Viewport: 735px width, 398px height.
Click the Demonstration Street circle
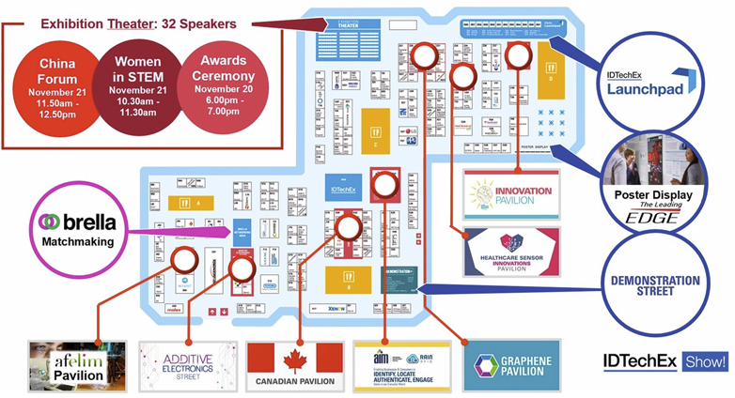pyautogui.click(x=654, y=281)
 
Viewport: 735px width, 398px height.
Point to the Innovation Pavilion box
pyautogui.click(x=510, y=194)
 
